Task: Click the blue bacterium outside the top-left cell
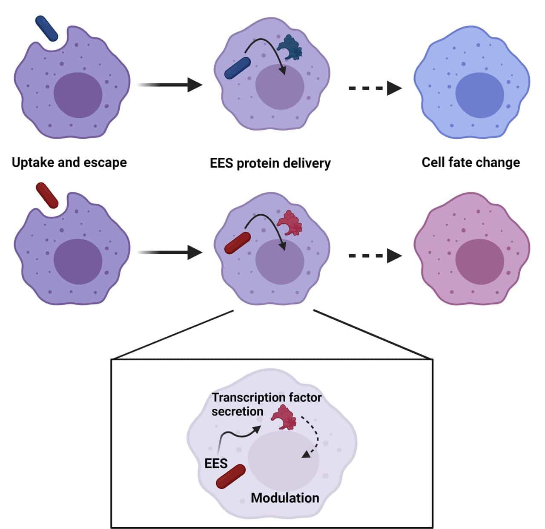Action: (x=46, y=28)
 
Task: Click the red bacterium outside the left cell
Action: (x=47, y=195)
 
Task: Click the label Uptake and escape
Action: (x=69, y=162)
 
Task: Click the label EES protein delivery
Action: (x=270, y=163)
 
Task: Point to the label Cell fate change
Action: (x=470, y=162)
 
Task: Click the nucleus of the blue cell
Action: (x=479, y=95)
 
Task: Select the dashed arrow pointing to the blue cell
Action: (x=375, y=88)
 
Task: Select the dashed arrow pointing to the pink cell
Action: (x=375, y=256)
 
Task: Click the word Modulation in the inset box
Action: (x=285, y=498)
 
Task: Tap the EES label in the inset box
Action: (x=216, y=463)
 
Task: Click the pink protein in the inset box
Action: (x=284, y=417)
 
